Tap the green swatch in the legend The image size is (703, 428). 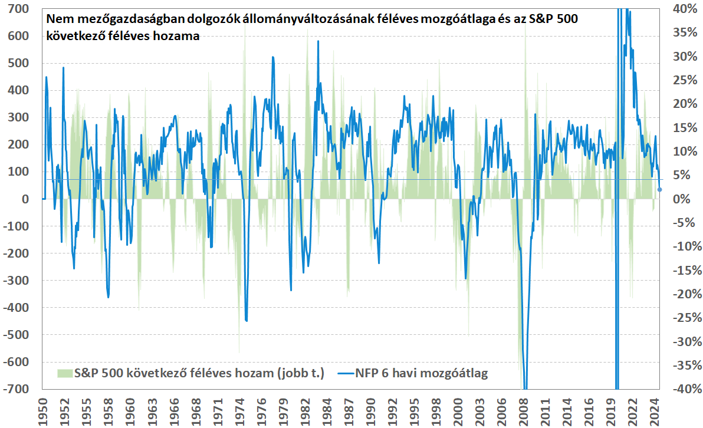64,373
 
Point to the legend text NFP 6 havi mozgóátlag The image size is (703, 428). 421,373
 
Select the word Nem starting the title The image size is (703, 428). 58,19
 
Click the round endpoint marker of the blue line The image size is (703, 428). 660,189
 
